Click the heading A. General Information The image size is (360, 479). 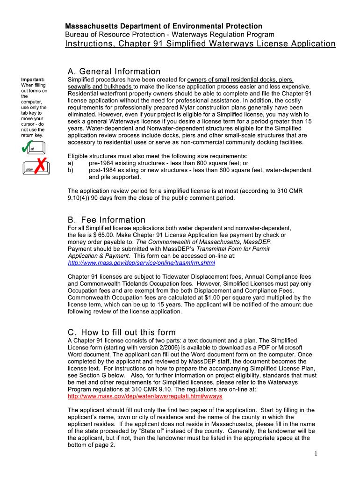coord(114,72)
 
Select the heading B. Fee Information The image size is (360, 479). coord(107,220)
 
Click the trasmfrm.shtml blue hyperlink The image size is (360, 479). coord(141,263)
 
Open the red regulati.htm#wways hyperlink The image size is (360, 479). coord(145,396)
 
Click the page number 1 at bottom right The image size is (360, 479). coord(316,453)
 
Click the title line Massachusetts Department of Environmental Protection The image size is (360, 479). coord(163,26)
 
